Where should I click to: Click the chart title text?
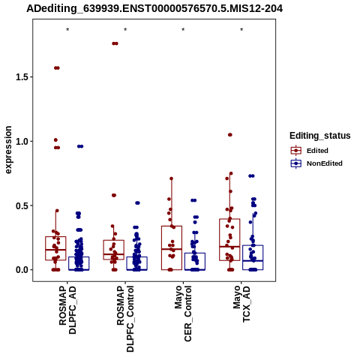pos(154,9)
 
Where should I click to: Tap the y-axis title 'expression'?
pos(8,150)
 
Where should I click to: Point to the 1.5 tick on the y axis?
pos(21,77)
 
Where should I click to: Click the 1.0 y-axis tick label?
pos(21,142)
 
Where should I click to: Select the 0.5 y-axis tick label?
pos(21,205)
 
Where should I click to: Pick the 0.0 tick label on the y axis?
pos(21,270)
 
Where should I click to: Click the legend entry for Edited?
pos(317,151)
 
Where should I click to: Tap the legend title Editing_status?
pos(320,136)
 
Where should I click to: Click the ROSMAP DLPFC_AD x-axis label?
pos(67,310)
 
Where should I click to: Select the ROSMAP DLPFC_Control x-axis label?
pos(125,319)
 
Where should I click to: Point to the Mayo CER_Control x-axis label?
pos(183,313)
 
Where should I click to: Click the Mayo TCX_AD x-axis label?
pos(241,304)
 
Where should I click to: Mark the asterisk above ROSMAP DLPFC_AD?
pos(67,30)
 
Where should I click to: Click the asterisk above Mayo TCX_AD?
pos(241,30)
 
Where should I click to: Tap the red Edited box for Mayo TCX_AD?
pos(229,219)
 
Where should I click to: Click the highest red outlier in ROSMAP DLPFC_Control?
pos(115,43)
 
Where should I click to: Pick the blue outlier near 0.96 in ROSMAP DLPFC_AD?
pos(80,146)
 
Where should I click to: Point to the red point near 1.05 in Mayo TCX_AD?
pos(230,135)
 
